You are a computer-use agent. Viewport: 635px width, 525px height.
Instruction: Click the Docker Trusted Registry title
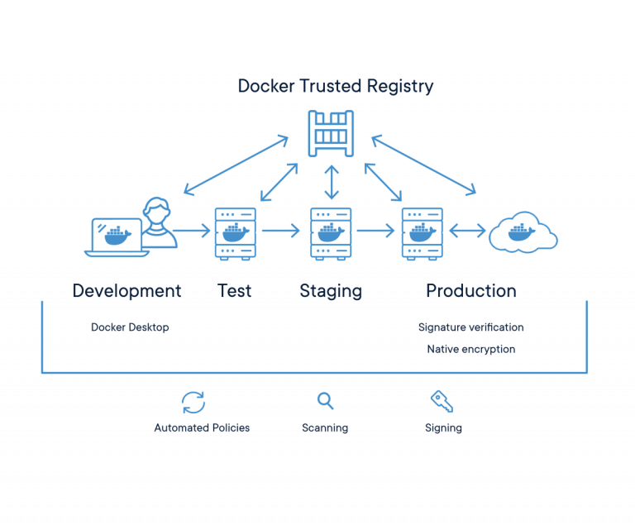pyautogui.click(x=335, y=86)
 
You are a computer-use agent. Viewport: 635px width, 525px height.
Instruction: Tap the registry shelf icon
pyautogui.click(x=332, y=132)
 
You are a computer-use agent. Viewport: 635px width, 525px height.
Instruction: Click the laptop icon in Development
pyautogui.click(x=117, y=236)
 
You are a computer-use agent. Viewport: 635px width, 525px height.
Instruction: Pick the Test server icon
pyautogui.click(x=236, y=232)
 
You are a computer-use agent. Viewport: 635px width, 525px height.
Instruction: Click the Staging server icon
pyautogui.click(x=332, y=232)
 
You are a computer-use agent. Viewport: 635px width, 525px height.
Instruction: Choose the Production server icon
pyautogui.click(x=423, y=232)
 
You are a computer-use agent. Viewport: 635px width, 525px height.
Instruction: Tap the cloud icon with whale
pyautogui.click(x=523, y=232)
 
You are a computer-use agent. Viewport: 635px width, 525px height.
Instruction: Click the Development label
pyautogui.click(x=127, y=291)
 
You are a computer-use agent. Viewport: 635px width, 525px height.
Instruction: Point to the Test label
pyautogui.click(x=235, y=291)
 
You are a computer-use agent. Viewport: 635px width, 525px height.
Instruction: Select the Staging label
pyautogui.click(x=331, y=291)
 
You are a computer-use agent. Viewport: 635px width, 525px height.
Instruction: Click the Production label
pyautogui.click(x=470, y=291)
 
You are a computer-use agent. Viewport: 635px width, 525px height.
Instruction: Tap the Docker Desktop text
pyautogui.click(x=130, y=327)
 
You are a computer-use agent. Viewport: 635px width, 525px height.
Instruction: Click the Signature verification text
pyautogui.click(x=470, y=327)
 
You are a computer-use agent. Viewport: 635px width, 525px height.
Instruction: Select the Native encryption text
pyautogui.click(x=470, y=349)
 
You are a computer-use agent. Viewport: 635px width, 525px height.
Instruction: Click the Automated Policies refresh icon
pyautogui.click(x=193, y=403)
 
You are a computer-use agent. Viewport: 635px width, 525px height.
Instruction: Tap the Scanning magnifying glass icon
pyautogui.click(x=326, y=401)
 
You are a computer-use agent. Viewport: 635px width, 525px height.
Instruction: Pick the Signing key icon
pyautogui.click(x=442, y=402)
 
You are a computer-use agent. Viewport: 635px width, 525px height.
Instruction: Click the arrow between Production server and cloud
pyautogui.click(x=467, y=232)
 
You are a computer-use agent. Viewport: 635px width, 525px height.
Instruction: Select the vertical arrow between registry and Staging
pyautogui.click(x=332, y=183)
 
